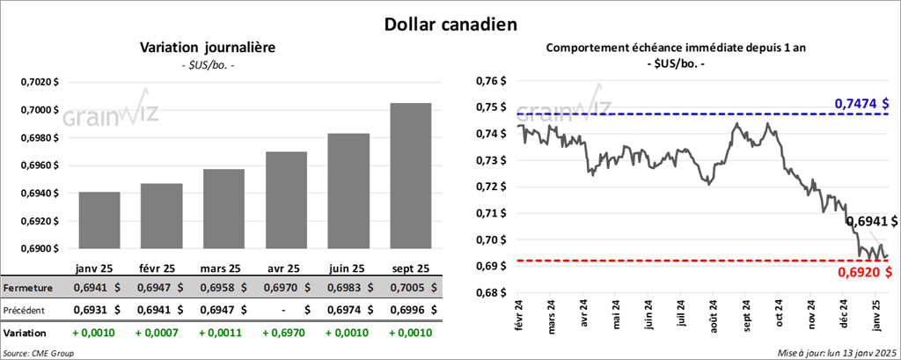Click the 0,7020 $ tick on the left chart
[40, 82]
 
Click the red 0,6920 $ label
[864, 273]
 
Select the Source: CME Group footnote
[39, 352]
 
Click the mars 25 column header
[220, 268]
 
